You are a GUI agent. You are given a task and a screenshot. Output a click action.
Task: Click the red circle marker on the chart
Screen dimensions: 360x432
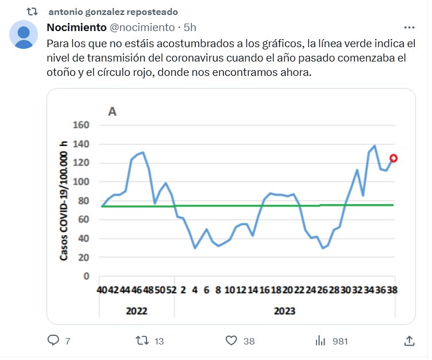(394, 158)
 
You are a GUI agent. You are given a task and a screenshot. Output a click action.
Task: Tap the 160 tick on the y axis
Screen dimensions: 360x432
(82, 125)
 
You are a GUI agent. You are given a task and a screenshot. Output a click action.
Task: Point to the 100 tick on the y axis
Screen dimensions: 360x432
(82, 182)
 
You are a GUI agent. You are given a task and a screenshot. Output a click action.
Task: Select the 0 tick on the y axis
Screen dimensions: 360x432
(87, 276)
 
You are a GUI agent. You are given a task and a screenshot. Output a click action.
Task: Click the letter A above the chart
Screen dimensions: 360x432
(112, 111)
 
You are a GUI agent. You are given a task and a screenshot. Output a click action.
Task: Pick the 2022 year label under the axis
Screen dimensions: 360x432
(136, 311)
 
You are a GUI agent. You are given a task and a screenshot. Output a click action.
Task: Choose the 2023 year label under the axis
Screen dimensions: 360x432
(284, 311)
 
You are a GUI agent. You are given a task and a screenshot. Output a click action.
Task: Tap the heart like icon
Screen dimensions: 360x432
(232, 340)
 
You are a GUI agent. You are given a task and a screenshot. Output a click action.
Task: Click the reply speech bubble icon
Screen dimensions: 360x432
(53, 340)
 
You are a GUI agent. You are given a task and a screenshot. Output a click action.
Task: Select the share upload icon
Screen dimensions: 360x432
(409, 340)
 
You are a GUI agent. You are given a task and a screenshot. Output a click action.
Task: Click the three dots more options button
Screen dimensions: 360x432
(410, 27)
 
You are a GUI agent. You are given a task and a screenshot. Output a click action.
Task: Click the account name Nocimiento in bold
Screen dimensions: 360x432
(76, 27)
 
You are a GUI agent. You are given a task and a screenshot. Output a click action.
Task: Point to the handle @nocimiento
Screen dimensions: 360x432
(142, 27)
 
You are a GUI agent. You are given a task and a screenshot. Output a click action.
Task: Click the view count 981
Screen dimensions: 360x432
(340, 341)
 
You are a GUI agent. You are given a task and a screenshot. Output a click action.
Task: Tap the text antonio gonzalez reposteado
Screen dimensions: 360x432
(113, 12)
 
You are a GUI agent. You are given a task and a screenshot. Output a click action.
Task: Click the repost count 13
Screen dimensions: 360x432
(159, 341)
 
